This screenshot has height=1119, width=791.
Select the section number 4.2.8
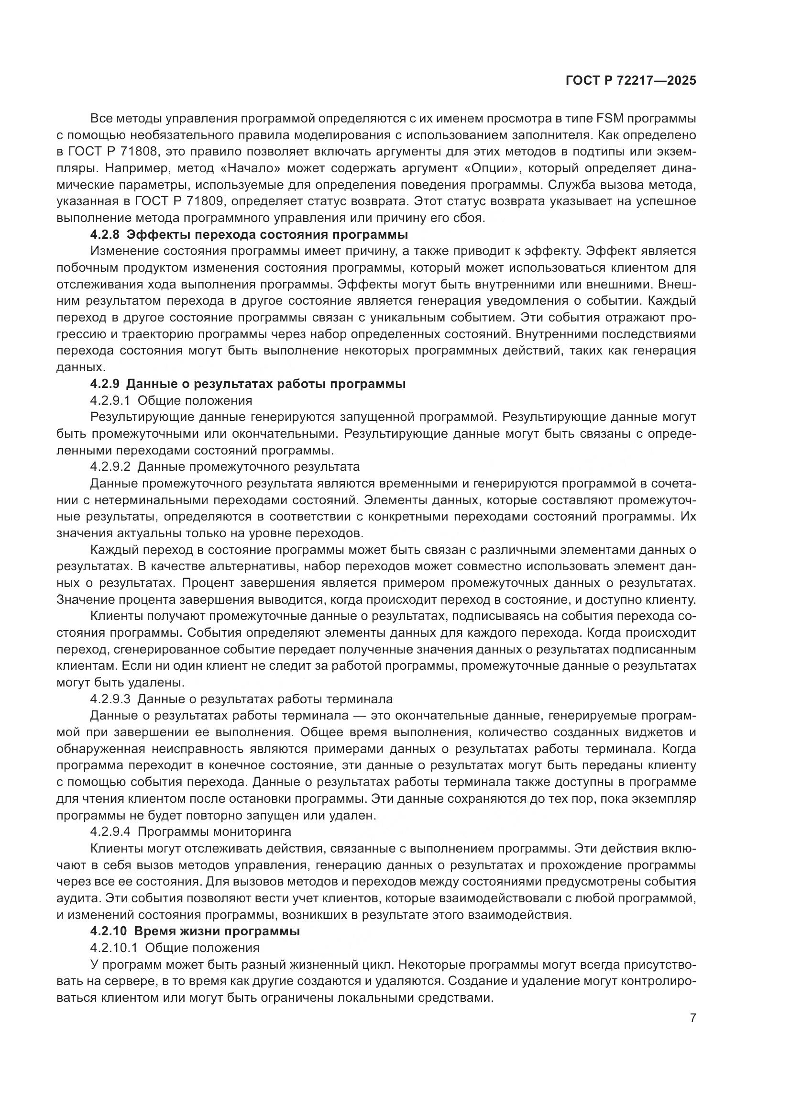point(104,235)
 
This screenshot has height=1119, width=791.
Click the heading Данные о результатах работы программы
point(265,384)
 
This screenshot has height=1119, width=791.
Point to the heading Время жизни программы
point(216,931)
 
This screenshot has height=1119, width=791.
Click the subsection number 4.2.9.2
point(110,467)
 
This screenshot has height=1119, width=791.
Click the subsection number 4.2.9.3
point(110,699)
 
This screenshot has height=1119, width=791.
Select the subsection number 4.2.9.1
point(110,400)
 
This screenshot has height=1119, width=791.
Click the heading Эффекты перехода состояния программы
point(267,235)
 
